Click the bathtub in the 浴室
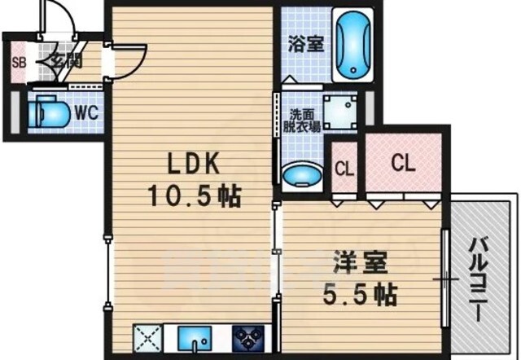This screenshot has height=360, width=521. pyautogui.click(x=353, y=45)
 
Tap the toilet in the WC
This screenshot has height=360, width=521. pyautogui.click(x=50, y=112)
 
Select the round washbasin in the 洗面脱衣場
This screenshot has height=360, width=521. pyautogui.click(x=302, y=176)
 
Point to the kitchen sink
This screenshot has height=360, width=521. pyautogui.click(x=195, y=339)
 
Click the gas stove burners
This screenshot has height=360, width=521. pyautogui.click(x=248, y=338)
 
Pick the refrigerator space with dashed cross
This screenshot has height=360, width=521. pyautogui.click(x=147, y=338)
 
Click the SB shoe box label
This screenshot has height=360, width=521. pyautogui.click(x=19, y=63)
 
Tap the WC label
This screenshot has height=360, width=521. pyautogui.click(x=87, y=113)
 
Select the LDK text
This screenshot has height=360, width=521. pyautogui.click(x=194, y=163)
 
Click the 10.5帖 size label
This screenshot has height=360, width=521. pyautogui.click(x=194, y=195)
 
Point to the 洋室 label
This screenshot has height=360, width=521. pyautogui.click(x=361, y=262)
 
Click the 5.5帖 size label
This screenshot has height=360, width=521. pyautogui.click(x=361, y=295)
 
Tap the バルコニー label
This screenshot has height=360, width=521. pyautogui.click(x=479, y=279)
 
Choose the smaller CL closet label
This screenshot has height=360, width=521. pyautogui.click(x=344, y=169)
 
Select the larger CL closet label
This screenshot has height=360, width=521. pyautogui.click(x=403, y=163)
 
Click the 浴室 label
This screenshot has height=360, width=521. pyautogui.click(x=306, y=43)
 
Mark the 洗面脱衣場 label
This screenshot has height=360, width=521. pyautogui.click(x=302, y=121)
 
